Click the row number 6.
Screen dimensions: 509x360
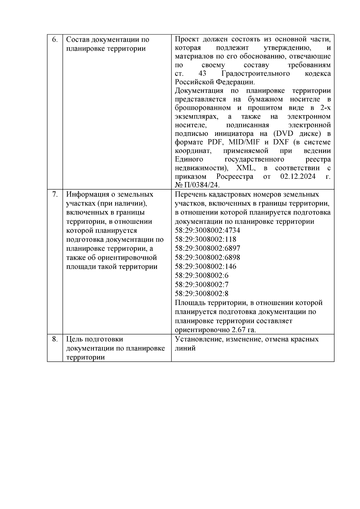(55, 40)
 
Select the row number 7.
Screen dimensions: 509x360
(55, 194)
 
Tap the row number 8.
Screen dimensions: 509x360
(55, 339)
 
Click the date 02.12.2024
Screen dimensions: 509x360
(298, 176)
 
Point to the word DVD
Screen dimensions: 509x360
(284, 133)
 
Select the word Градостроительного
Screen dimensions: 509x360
(256, 74)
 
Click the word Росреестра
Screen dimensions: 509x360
(235, 176)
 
